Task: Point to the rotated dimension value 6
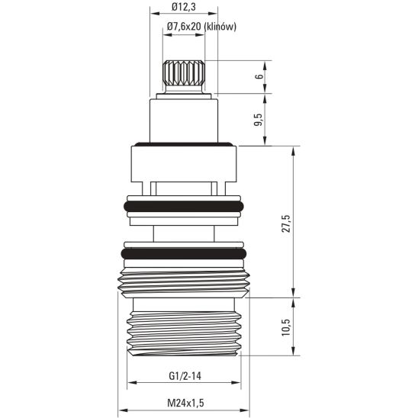click(259, 77)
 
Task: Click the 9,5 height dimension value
click(259, 119)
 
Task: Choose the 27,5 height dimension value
click(287, 222)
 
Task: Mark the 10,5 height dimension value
click(287, 326)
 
